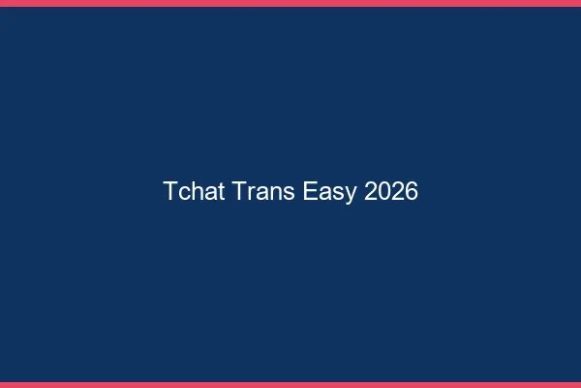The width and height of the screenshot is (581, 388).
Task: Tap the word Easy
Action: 330,192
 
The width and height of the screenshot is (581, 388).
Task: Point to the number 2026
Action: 392,191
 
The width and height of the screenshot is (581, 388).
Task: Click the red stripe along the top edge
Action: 290,3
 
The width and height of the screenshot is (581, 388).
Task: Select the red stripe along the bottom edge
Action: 290,385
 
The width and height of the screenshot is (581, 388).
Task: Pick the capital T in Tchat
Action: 170,191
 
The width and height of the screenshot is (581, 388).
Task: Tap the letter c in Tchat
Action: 184,193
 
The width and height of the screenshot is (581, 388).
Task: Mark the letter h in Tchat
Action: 197,191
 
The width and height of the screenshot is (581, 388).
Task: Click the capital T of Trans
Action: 240,191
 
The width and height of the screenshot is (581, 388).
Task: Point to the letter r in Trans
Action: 251,193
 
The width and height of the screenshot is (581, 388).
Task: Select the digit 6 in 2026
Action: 412,191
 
